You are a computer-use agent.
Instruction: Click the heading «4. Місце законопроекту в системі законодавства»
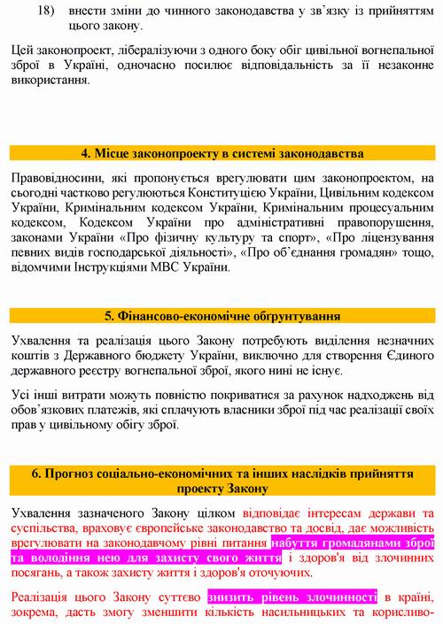tap(221, 153)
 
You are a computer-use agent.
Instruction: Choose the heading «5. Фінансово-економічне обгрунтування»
tap(221, 315)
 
